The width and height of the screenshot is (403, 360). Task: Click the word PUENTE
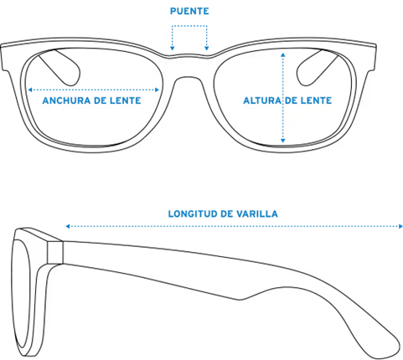click(x=189, y=11)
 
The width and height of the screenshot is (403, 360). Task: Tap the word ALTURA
click(x=262, y=100)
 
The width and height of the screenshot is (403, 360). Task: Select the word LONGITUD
click(x=193, y=213)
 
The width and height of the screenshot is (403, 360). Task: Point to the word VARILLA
click(x=257, y=213)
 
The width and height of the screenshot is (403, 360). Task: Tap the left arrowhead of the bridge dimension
click(x=173, y=49)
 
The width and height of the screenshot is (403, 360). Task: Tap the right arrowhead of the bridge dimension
click(x=207, y=49)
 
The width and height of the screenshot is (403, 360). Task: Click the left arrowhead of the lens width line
click(x=30, y=90)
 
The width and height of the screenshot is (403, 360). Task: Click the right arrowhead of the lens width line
click(x=158, y=90)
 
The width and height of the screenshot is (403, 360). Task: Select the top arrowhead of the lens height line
click(x=283, y=54)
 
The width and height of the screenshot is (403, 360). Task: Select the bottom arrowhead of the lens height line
click(x=283, y=141)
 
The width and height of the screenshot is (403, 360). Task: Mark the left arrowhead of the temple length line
click(x=67, y=226)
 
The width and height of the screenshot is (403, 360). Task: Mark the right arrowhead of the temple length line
click(x=400, y=226)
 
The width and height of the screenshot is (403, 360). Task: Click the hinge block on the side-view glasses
click(x=55, y=252)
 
